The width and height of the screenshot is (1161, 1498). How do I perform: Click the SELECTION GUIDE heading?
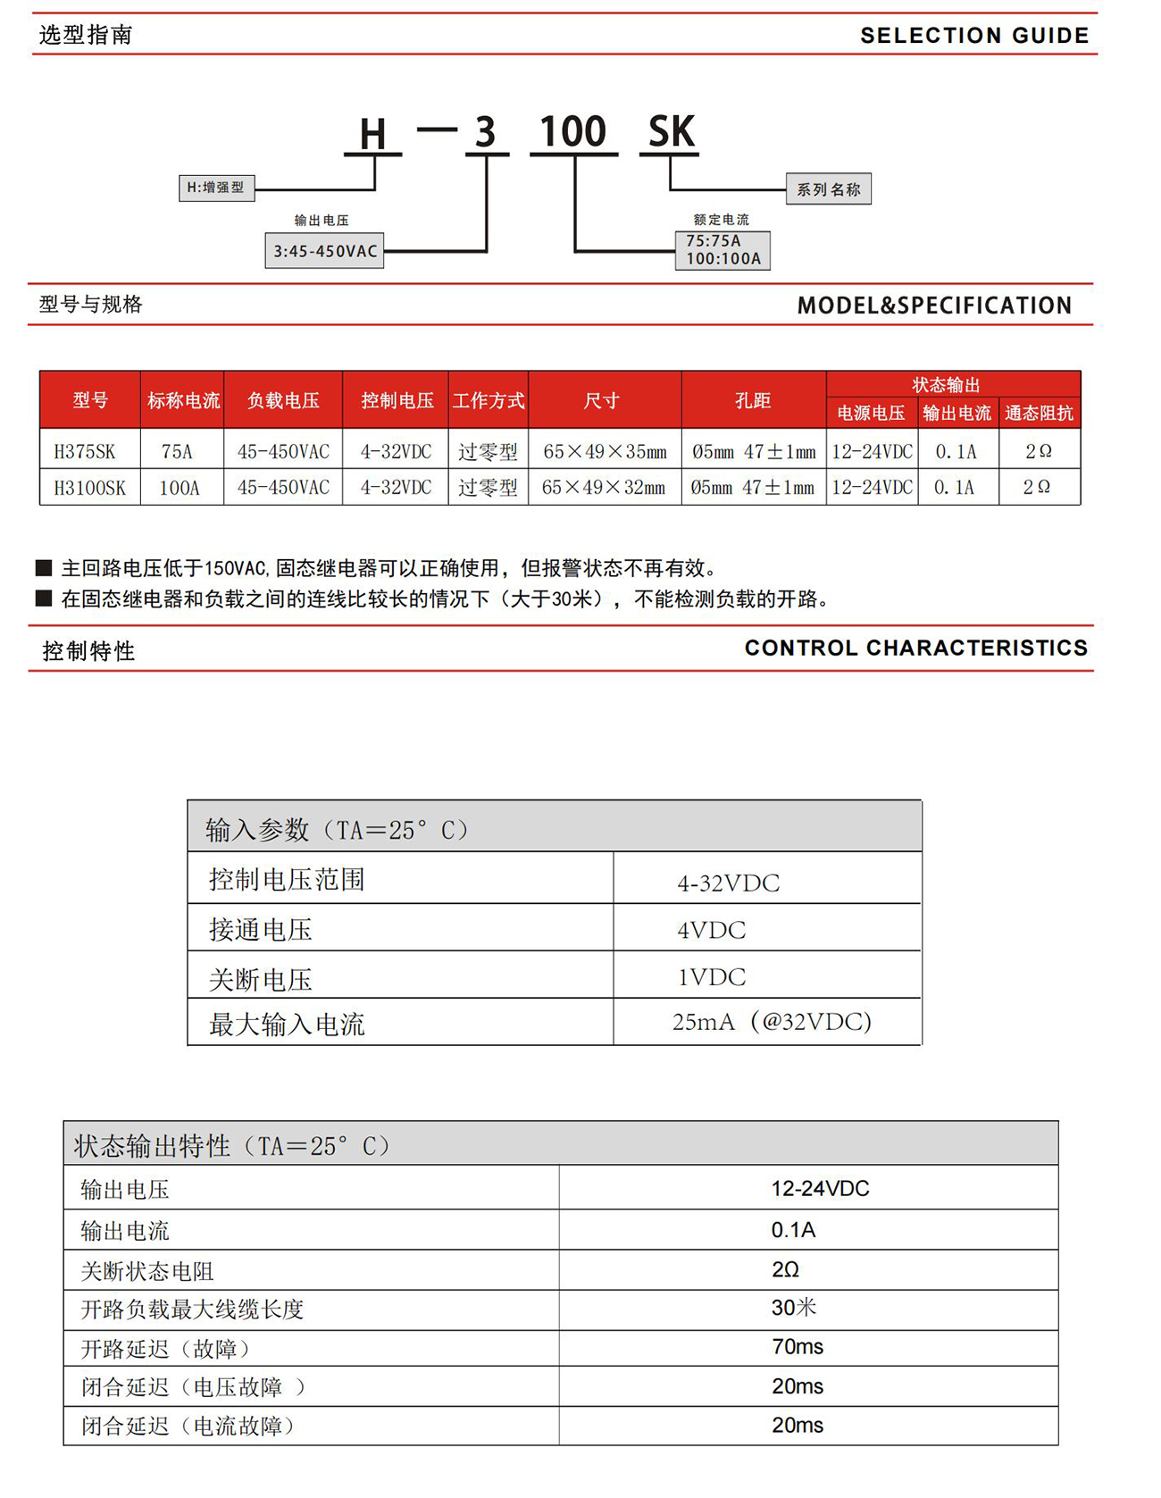pyautogui.click(x=973, y=36)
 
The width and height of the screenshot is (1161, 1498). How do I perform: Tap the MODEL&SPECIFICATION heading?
pyautogui.click(x=934, y=305)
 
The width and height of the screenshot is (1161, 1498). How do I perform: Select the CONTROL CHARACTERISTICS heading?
pyautogui.click(x=915, y=648)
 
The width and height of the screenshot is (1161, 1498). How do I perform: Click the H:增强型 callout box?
pyautogui.click(x=216, y=188)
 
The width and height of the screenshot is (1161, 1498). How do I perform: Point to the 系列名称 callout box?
pyautogui.click(x=828, y=189)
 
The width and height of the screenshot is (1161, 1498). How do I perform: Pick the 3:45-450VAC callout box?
pyautogui.click(x=325, y=251)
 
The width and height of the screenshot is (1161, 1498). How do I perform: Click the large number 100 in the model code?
pyautogui.click(x=573, y=132)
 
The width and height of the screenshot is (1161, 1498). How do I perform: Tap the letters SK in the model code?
pyautogui.click(x=671, y=132)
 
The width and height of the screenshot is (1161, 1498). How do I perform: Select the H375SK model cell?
pyautogui.click(x=86, y=451)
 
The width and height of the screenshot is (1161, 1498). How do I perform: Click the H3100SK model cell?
pyautogui.click(x=89, y=488)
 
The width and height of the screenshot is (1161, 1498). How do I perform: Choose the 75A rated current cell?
pyautogui.click(x=178, y=451)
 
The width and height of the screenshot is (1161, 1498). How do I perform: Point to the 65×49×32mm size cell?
pyautogui.click(x=604, y=488)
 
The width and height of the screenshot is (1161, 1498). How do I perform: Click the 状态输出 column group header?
pyautogui.click(x=946, y=385)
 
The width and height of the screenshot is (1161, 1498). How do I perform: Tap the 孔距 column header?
pyautogui.click(x=752, y=401)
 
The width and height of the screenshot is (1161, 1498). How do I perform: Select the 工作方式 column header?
pyautogui.click(x=488, y=401)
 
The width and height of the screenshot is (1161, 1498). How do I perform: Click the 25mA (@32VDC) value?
pyautogui.click(x=772, y=1022)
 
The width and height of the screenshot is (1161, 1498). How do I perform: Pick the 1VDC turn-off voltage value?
pyautogui.click(x=711, y=976)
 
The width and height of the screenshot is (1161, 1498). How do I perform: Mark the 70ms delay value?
pyautogui.click(x=797, y=1346)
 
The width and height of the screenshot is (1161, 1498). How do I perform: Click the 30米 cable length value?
pyautogui.click(x=793, y=1308)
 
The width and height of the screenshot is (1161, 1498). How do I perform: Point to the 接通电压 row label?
pyautogui.click(x=261, y=930)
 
